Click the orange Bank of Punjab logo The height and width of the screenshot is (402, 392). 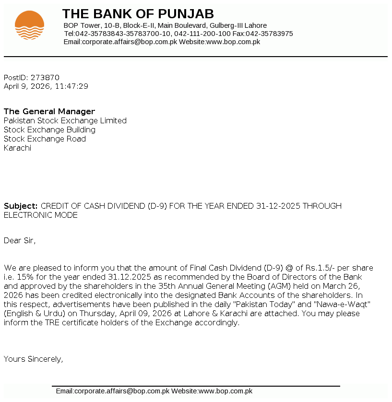point(29,25)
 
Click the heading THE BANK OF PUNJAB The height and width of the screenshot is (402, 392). point(138,14)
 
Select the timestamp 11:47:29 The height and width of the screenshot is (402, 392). point(71,86)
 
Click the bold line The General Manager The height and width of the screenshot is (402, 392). point(49,112)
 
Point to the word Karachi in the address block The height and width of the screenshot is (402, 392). point(17,148)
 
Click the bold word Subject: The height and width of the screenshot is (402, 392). point(21,206)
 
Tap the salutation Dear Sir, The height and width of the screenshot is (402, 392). point(20,240)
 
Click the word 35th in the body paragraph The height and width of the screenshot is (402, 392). point(167,286)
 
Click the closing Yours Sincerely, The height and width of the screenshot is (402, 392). point(33,358)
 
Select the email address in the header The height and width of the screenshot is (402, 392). point(130,42)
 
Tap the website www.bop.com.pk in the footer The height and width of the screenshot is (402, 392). point(226,391)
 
